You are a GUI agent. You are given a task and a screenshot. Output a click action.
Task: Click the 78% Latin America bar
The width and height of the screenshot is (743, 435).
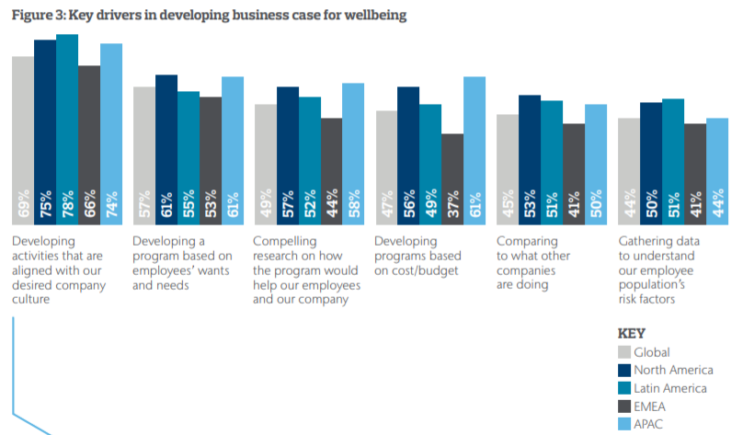pos(67,129)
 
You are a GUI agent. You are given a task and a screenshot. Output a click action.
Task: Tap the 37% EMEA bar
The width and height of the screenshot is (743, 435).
pos(452,178)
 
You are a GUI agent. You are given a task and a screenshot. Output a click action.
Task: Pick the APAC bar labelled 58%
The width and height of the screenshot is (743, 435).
pos(352,153)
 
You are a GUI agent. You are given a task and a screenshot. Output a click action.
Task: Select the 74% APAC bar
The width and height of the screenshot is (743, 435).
pos(111,133)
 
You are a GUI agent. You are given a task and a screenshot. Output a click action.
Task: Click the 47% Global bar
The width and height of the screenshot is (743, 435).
pos(386,166)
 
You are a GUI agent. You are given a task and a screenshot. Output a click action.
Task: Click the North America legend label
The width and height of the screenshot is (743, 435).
pos(679,370)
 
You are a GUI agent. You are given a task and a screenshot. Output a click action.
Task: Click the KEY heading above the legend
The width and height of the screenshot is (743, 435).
pos(633,333)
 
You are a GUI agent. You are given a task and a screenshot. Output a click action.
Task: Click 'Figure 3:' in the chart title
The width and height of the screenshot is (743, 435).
pos(40,15)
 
